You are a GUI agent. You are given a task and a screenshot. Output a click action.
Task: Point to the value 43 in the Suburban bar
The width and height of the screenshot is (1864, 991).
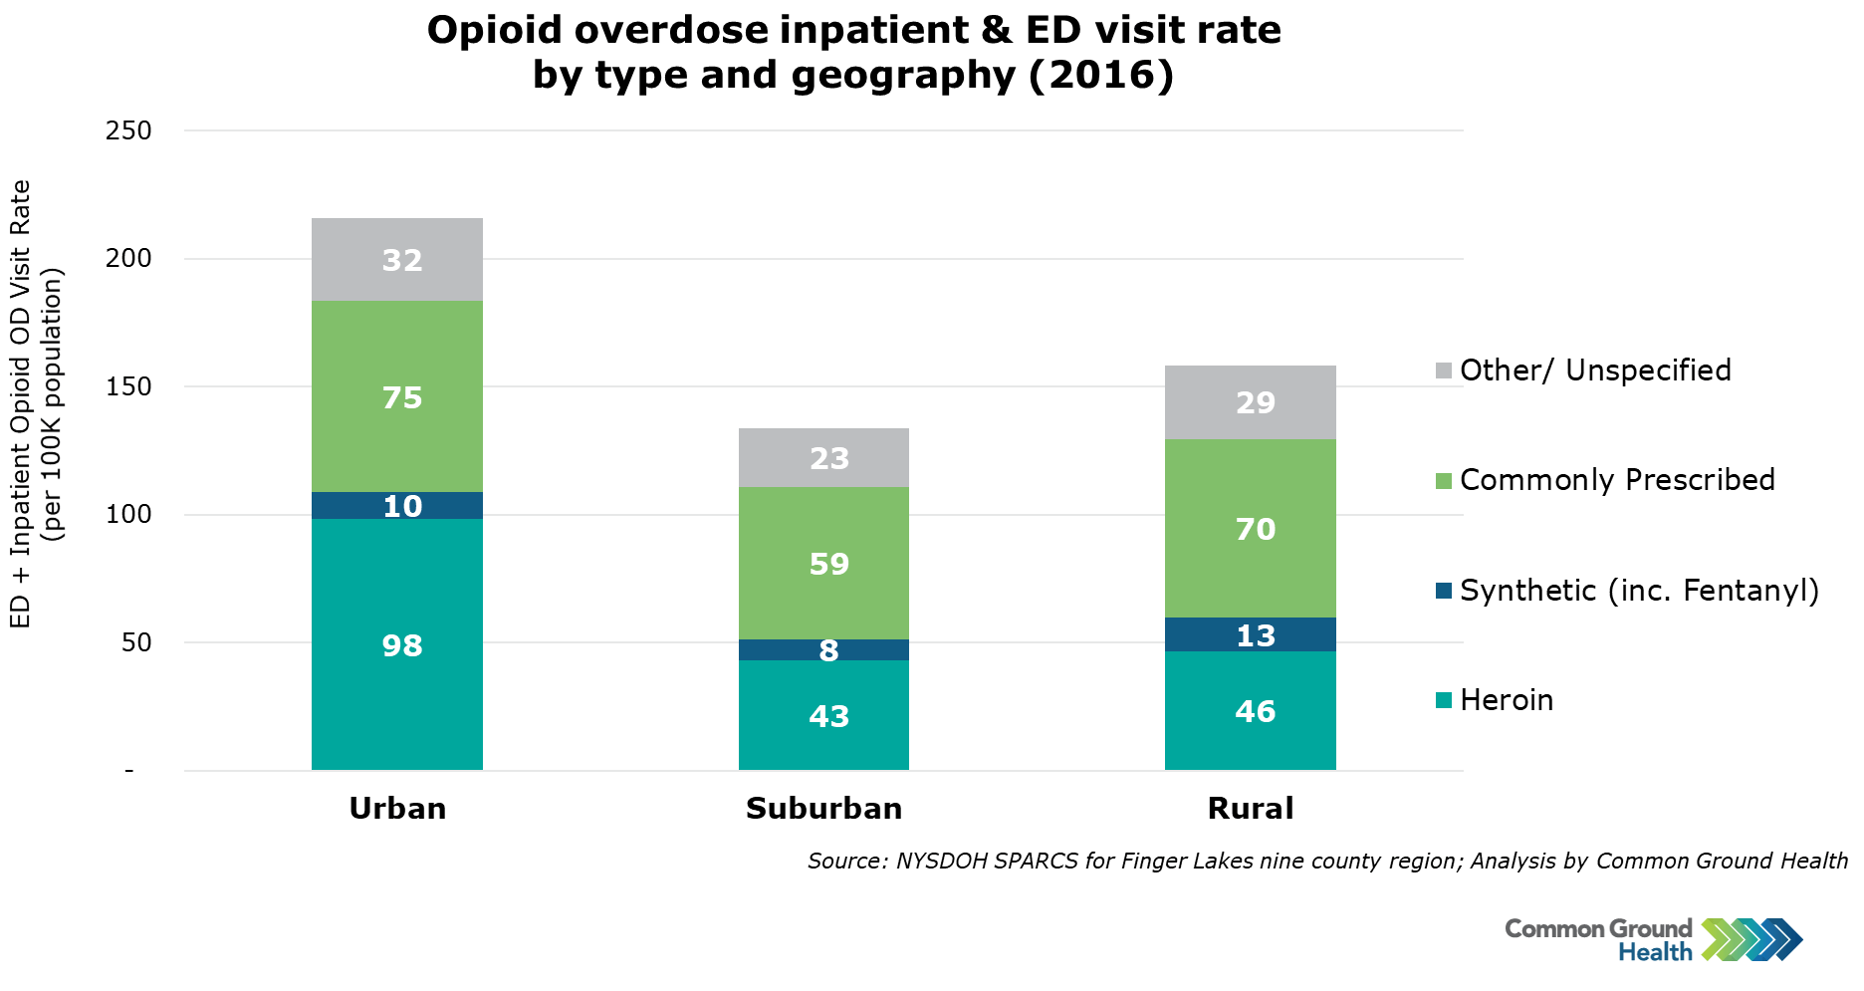(x=828, y=716)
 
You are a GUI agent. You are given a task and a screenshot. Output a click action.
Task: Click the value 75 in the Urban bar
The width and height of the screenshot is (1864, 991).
(x=402, y=398)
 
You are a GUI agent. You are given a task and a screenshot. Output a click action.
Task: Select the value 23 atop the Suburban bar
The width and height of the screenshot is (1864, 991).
(x=828, y=458)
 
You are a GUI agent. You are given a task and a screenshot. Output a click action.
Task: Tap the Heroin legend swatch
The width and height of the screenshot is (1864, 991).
(x=1444, y=700)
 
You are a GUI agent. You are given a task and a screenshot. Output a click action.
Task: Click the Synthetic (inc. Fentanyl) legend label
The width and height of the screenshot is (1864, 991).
(x=1639, y=591)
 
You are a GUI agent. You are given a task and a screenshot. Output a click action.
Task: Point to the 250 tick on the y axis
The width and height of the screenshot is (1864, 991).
(x=128, y=130)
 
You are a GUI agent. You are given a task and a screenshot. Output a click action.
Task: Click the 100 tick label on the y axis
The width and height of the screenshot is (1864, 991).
(x=128, y=515)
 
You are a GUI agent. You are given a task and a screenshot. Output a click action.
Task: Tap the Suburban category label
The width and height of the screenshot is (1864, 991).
(x=823, y=808)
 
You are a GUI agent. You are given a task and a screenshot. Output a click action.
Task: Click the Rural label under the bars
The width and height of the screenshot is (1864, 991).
(x=1251, y=808)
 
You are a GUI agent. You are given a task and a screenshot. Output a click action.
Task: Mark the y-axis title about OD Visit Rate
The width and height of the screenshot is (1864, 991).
(x=36, y=403)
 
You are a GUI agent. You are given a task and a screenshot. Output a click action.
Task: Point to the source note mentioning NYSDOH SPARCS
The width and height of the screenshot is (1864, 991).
(x=1326, y=861)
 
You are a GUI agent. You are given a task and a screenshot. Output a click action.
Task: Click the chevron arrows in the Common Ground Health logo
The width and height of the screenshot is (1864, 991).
(x=1751, y=939)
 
